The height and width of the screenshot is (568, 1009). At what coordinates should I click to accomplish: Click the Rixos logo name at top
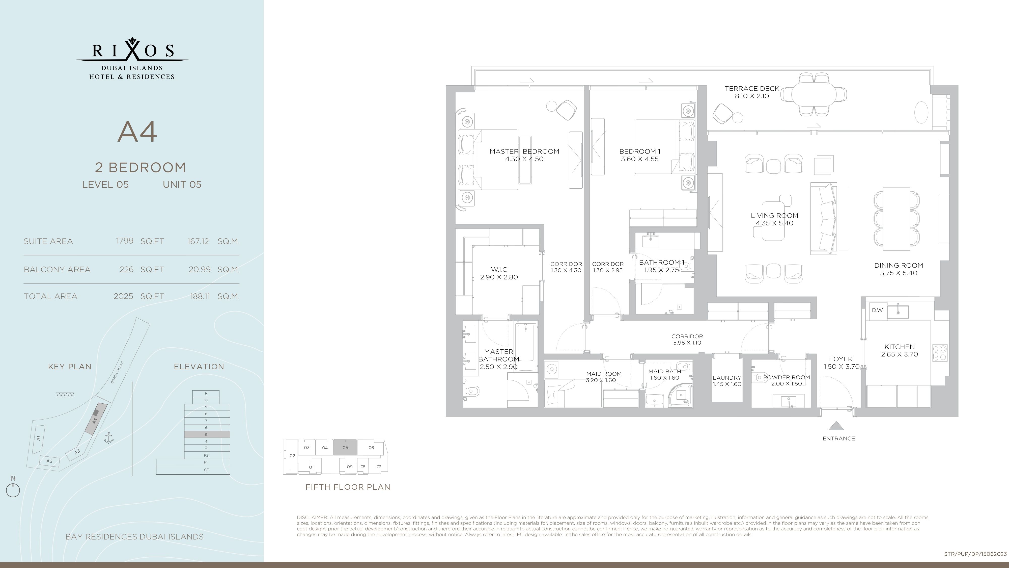[x=132, y=50]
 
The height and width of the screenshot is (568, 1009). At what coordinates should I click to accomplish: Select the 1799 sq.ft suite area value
[x=125, y=241]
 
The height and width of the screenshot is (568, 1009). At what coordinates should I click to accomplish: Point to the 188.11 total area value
[x=200, y=296]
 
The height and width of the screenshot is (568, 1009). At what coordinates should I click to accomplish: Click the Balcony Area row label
[x=57, y=269]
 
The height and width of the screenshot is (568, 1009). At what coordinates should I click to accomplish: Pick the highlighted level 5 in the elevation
[x=207, y=434]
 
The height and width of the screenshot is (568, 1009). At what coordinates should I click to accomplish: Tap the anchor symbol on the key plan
[x=108, y=438]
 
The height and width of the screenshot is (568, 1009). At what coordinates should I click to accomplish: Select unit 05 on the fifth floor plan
[x=345, y=447]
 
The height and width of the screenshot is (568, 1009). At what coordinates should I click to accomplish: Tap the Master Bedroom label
[x=524, y=151]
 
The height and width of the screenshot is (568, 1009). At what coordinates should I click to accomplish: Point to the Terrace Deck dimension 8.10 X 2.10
[x=752, y=96]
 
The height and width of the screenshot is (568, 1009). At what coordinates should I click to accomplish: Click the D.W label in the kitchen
[x=877, y=310]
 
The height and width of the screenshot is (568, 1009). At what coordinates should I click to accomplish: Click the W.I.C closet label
[x=499, y=270]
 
